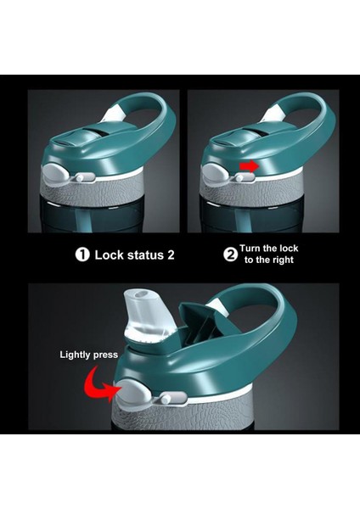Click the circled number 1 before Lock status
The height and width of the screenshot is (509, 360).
click(82, 255)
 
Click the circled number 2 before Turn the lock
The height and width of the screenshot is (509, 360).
click(230, 255)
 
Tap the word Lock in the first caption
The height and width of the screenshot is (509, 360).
click(109, 255)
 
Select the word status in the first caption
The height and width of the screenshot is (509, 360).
click(146, 255)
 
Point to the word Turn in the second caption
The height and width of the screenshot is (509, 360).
click(250, 249)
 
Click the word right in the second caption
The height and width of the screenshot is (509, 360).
click(283, 260)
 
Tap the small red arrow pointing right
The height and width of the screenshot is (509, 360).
click(249, 166)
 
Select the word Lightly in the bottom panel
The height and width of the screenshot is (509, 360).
click(75, 355)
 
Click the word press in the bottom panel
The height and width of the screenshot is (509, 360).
click(105, 355)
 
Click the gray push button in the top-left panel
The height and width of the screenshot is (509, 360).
click(55, 174)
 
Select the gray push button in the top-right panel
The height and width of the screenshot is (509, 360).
click(215, 174)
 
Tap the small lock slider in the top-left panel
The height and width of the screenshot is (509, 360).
click(84, 177)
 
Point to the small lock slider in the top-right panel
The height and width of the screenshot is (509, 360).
click(245, 177)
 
